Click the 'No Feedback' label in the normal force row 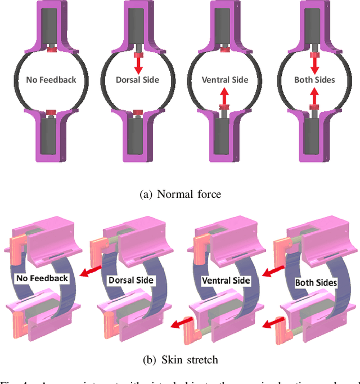(51, 80)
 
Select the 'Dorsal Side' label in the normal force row (138, 80)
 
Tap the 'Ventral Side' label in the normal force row (225, 80)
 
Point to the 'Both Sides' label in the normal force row (314, 80)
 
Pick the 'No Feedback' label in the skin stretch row (43, 278)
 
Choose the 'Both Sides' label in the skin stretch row (316, 283)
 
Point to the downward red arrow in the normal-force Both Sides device (314, 62)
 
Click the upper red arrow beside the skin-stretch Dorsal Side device (88, 272)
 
